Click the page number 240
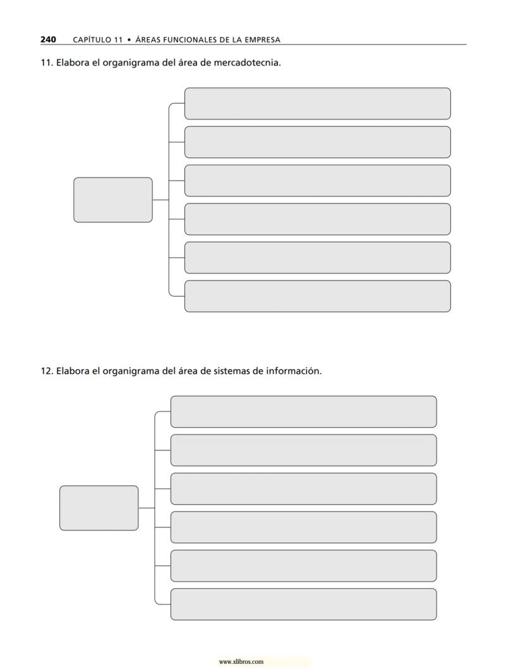pyautogui.click(x=48, y=39)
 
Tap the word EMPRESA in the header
pyautogui.click(x=260, y=40)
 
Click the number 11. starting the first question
pyautogui.click(x=46, y=63)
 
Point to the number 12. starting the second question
pyautogui.click(x=46, y=371)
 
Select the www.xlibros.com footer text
pyautogui.click(x=241, y=662)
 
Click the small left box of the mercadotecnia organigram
pyautogui.click(x=113, y=200)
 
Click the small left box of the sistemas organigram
pyautogui.click(x=99, y=508)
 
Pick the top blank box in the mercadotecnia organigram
pyautogui.click(x=317, y=104)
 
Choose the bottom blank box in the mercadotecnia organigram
pyautogui.click(x=317, y=296)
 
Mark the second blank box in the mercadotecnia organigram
pyautogui.click(x=317, y=142)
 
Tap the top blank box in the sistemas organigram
pyautogui.click(x=303, y=412)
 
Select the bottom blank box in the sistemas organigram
pyautogui.click(x=303, y=604)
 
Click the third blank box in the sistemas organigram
pyautogui.click(x=303, y=489)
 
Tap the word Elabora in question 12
pyautogui.click(x=72, y=371)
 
